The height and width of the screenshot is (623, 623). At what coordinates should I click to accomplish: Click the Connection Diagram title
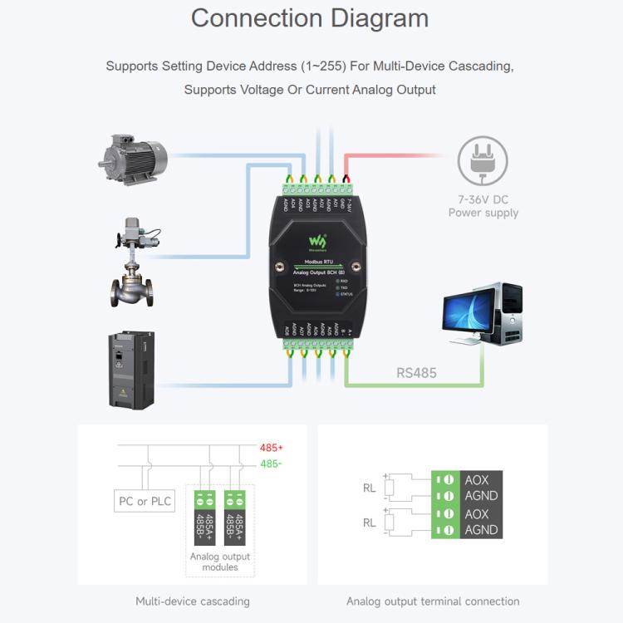point(310,18)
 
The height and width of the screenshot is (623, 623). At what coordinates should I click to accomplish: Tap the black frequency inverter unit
point(132,370)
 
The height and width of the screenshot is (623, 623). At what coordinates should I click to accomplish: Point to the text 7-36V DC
point(483,199)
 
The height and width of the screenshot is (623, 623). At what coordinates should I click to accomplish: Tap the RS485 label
point(415,373)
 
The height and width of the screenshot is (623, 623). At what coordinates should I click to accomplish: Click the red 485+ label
point(272,448)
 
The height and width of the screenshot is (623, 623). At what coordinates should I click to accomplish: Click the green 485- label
point(272,464)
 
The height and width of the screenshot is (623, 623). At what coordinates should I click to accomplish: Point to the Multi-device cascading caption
point(193,601)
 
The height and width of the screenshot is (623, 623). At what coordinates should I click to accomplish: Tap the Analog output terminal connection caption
point(433,601)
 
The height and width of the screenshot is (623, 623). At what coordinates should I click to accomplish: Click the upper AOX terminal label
point(477,480)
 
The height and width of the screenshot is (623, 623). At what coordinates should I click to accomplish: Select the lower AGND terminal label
point(481,529)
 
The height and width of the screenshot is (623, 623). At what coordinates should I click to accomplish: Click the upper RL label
point(370,488)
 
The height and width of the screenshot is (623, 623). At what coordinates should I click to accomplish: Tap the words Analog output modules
point(220,562)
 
